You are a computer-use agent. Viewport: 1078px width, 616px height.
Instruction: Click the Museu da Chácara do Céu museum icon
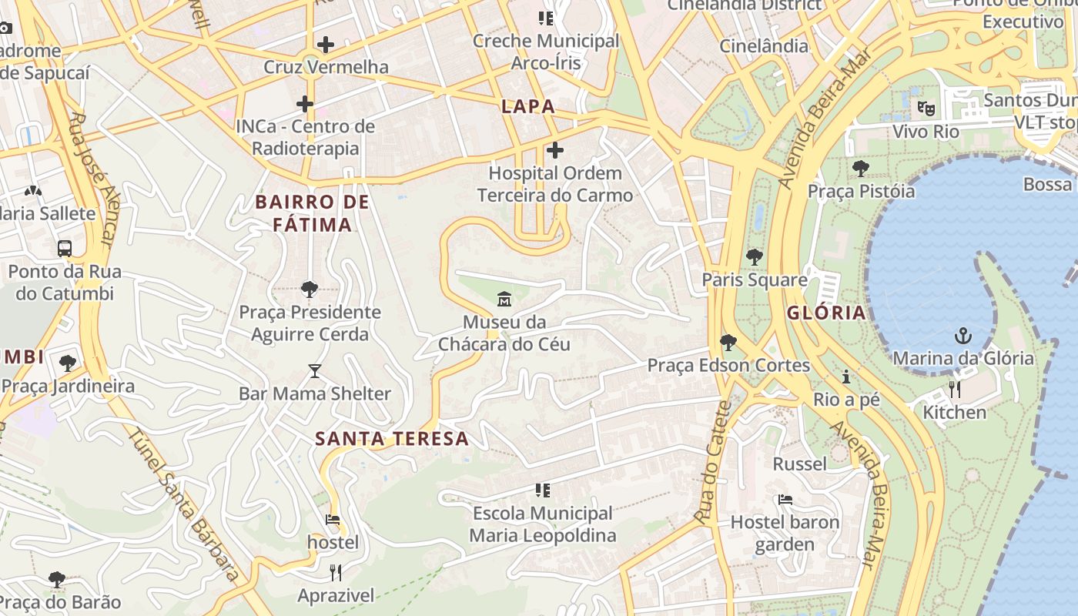[x=504, y=299]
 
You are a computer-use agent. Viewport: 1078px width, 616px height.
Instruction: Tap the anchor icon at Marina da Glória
[x=962, y=336]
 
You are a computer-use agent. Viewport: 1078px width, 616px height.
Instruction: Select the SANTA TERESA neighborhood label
[x=392, y=439]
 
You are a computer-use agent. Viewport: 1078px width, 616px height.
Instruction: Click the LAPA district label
[x=528, y=106]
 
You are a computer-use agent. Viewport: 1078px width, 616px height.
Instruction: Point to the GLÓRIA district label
[x=826, y=313]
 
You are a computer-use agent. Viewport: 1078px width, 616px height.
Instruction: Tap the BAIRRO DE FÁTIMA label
[x=312, y=213]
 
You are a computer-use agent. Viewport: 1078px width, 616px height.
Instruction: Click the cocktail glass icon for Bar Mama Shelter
[x=314, y=371]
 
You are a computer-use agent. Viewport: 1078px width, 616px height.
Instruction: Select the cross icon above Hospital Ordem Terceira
[x=554, y=149]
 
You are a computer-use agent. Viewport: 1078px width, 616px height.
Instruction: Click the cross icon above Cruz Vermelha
[x=326, y=44]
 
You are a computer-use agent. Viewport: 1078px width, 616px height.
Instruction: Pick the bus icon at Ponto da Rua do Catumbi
[x=65, y=249]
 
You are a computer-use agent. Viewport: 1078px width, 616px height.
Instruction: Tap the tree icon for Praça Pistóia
[x=860, y=168]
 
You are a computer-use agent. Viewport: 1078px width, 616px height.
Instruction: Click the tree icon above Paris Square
[x=755, y=257]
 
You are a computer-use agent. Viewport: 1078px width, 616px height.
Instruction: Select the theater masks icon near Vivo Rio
[x=926, y=109]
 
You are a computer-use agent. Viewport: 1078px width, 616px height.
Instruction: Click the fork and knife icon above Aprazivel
[x=335, y=572]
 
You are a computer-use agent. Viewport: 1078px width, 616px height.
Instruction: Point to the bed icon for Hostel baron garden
[x=785, y=500]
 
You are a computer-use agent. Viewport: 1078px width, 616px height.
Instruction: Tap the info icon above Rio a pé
[x=846, y=377]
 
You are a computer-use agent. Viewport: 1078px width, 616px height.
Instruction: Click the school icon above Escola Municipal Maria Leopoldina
[x=543, y=490]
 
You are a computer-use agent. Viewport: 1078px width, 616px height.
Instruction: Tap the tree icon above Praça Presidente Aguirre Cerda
[x=310, y=290]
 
